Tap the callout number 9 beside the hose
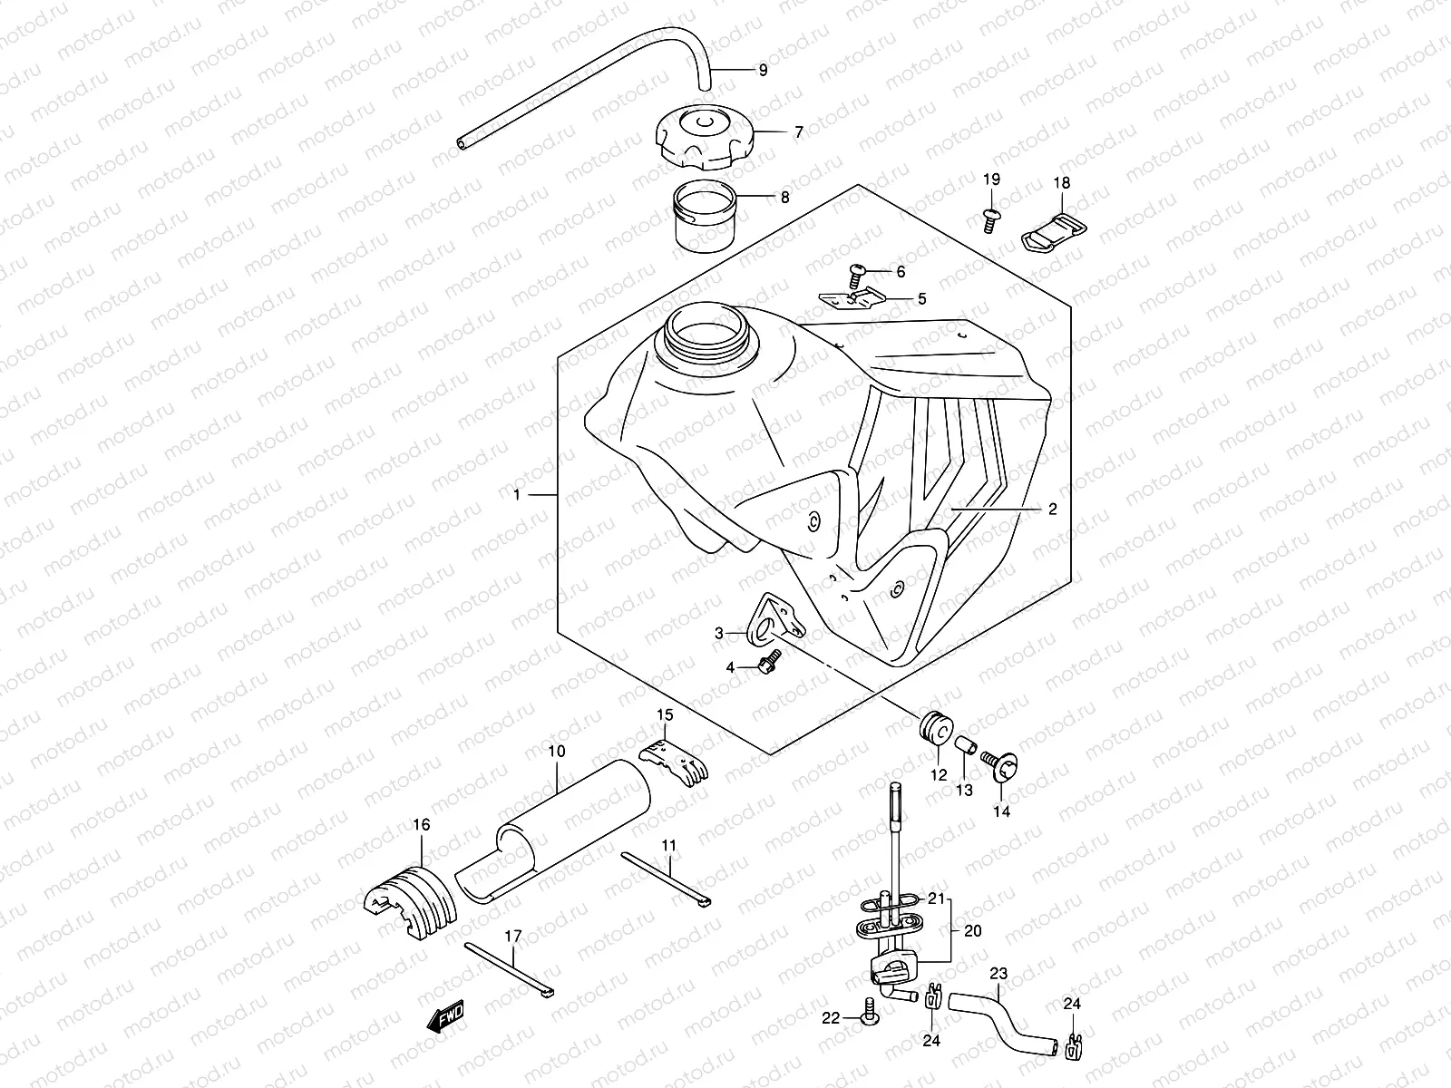tap(762, 70)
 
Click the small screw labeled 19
tap(990, 217)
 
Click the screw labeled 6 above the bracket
tap(857, 270)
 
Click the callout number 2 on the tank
tap(1052, 510)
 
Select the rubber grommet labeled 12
tap(934, 727)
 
